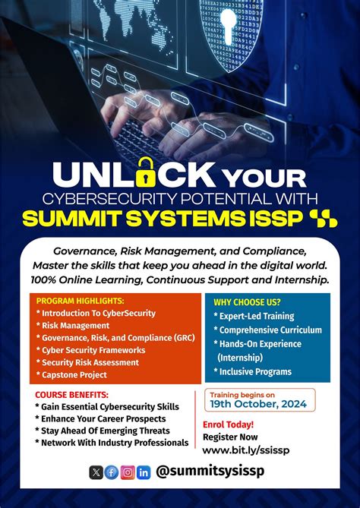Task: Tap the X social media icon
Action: coord(96,472)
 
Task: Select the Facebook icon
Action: coord(112,472)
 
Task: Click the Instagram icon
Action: coord(128,472)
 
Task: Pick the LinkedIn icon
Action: coord(144,472)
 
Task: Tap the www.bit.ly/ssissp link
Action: coord(246,450)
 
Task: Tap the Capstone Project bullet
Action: coord(76,374)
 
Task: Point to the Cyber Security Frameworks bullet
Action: coord(95,350)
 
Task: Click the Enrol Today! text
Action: coord(228,424)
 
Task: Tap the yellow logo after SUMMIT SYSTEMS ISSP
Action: coord(323,219)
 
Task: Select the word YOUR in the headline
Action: coord(264,178)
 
